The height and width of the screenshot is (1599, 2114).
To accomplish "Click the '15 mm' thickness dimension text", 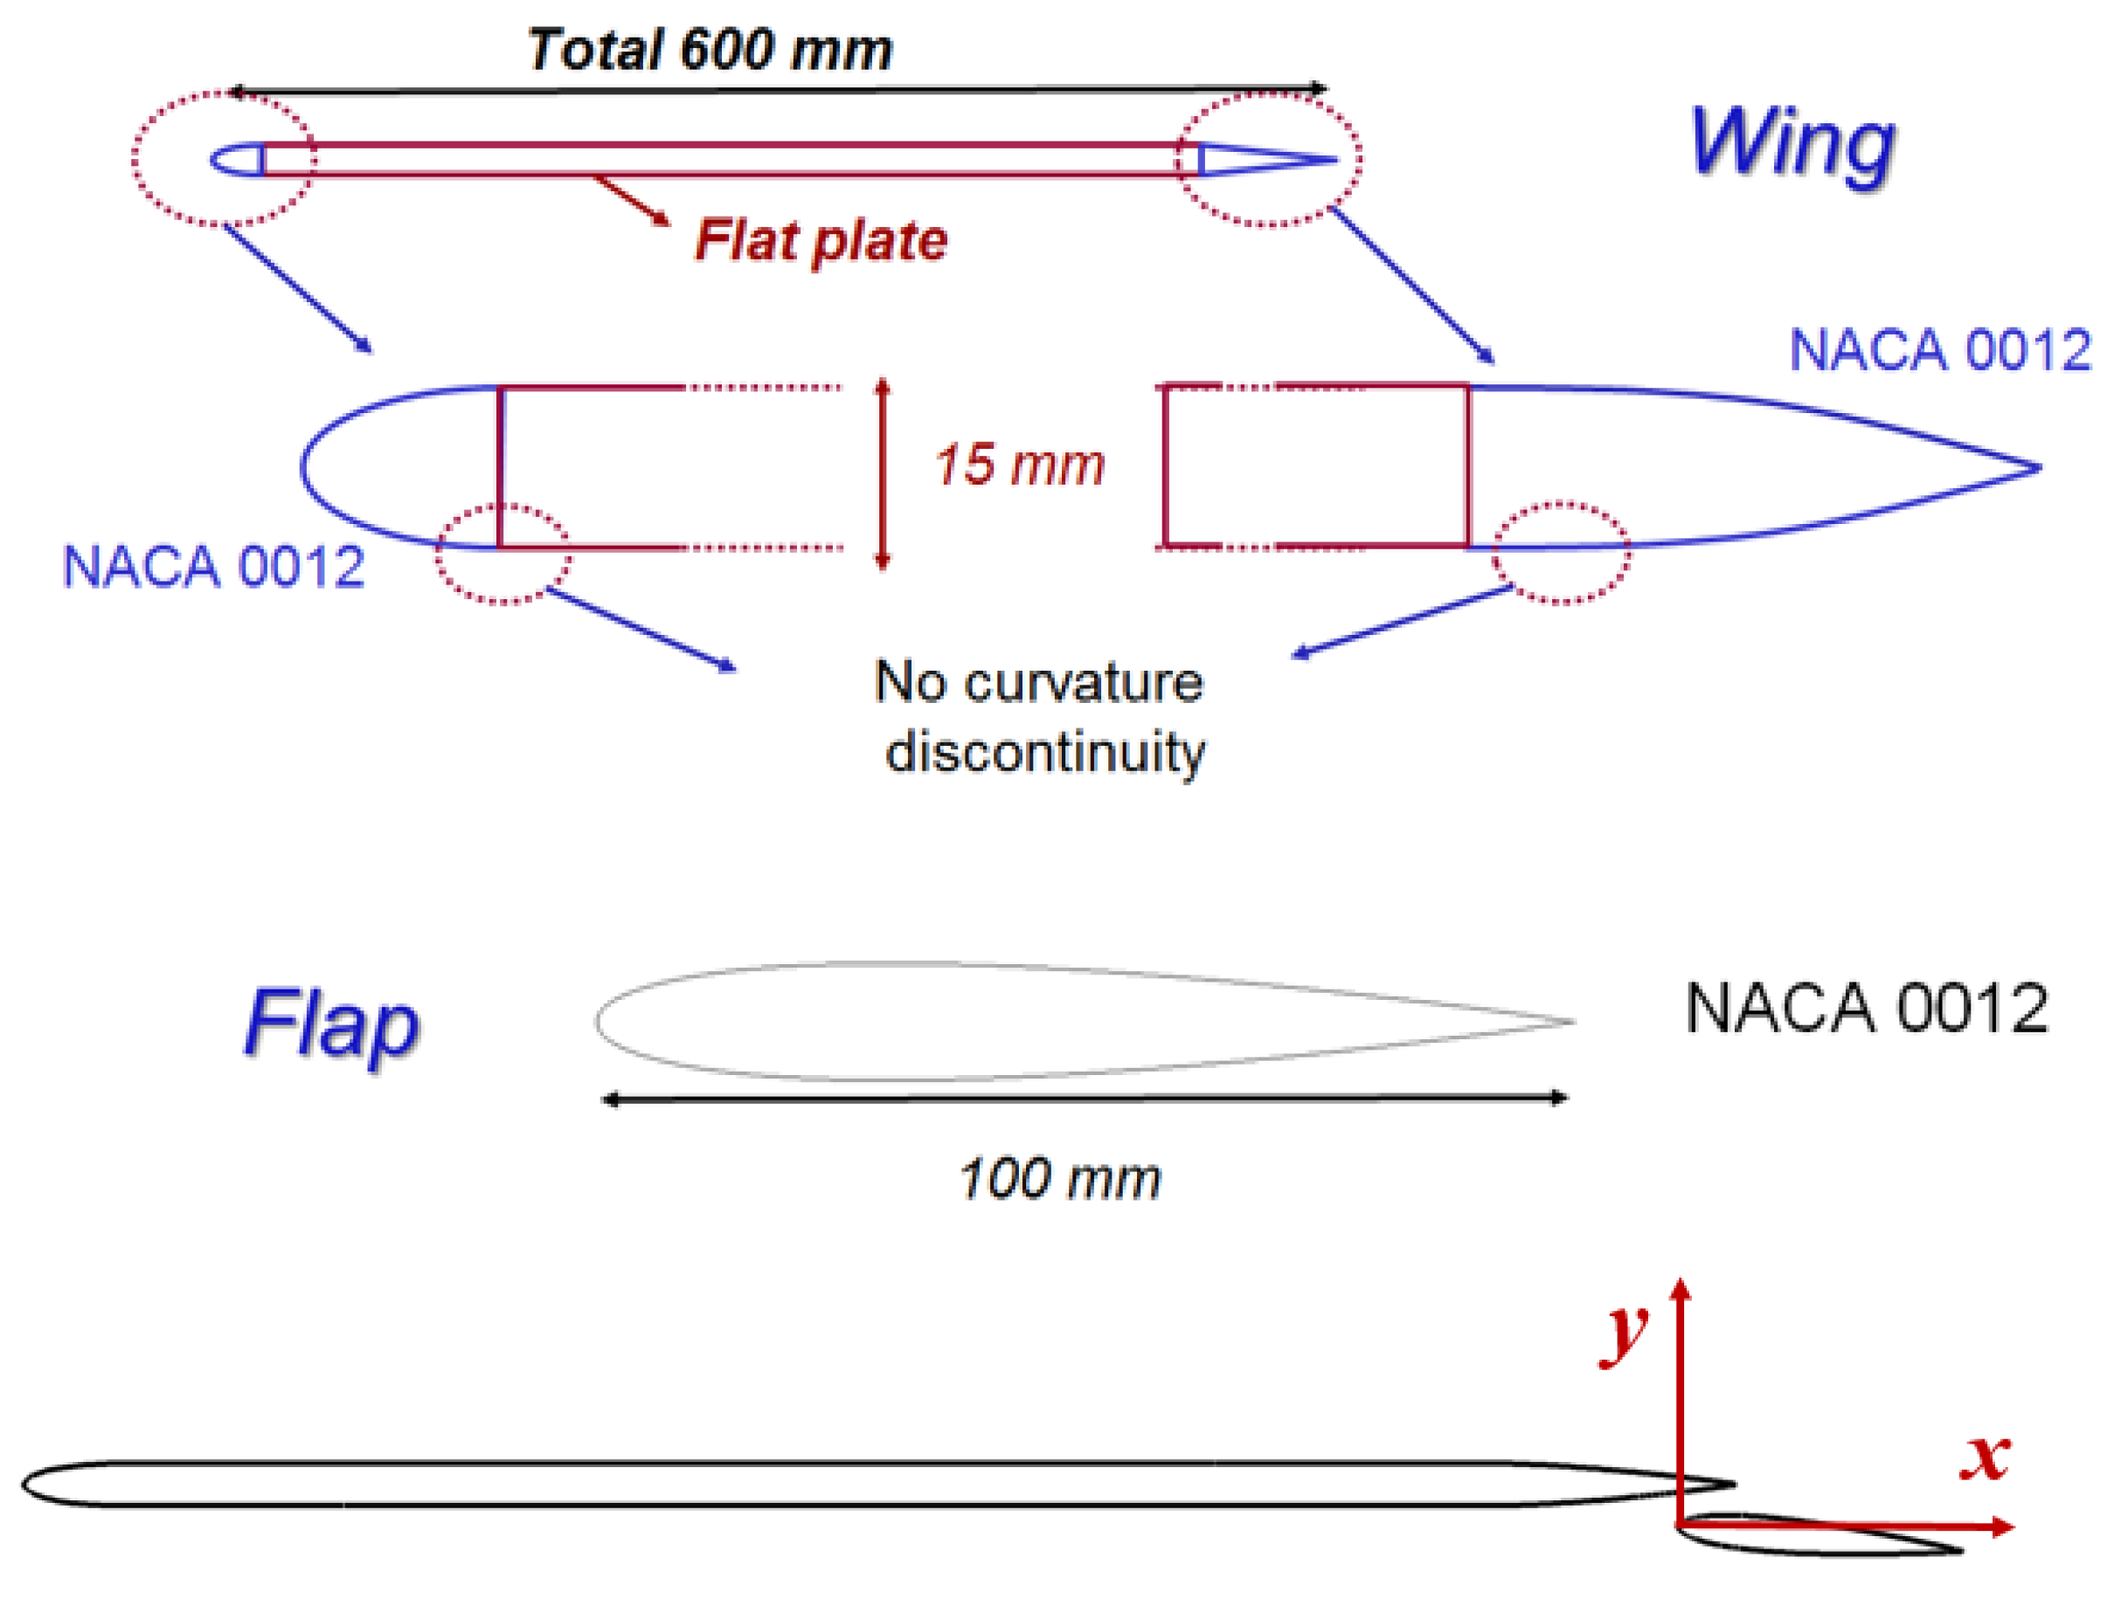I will pyautogui.click(x=1019, y=465).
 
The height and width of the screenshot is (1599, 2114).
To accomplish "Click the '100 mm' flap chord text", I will pyautogui.click(x=1059, y=1179).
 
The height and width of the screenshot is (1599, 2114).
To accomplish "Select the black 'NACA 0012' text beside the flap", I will pyautogui.click(x=1866, y=1009).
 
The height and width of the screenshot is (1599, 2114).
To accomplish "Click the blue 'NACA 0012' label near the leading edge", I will pyautogui.click(x=213, y=567).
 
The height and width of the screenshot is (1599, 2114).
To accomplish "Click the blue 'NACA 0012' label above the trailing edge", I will pyautogui.click(x=1940, y=349).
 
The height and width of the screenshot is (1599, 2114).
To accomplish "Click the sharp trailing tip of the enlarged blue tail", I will pyautogui.click(x=2038, y=468).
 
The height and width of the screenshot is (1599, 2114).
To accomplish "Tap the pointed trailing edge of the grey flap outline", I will pyautogui.click(x=1571, y=1022).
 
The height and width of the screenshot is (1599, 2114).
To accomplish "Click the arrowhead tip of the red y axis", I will pyautogui.click(x=1681, y=1280).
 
